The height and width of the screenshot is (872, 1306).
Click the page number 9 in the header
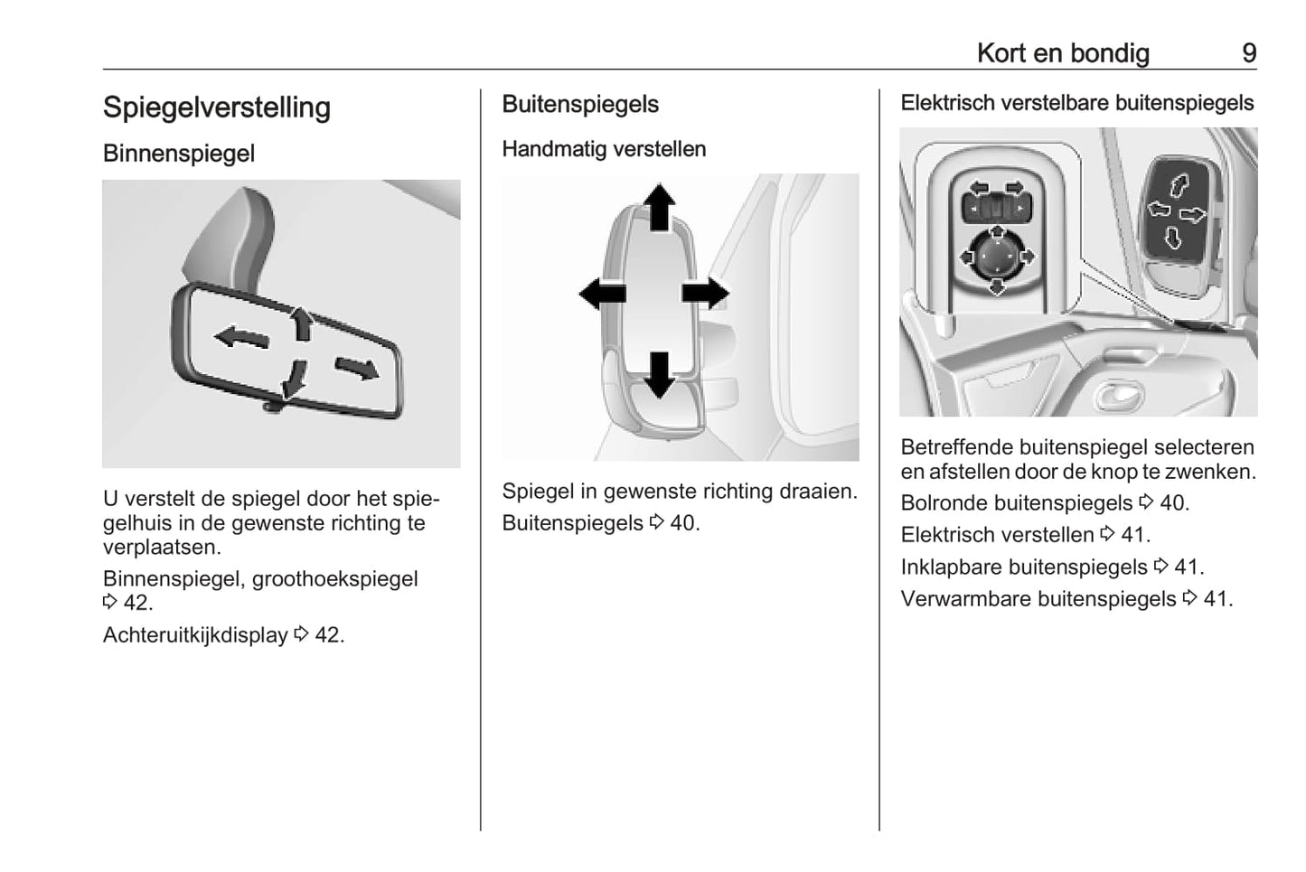tap(1248, 53)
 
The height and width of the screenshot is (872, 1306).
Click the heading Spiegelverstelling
tap(217, 108)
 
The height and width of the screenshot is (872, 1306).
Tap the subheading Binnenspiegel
tap(179, 154)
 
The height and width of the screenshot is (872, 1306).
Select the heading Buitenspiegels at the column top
tap(580, 105)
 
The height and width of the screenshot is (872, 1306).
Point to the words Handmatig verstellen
tap(604, 149)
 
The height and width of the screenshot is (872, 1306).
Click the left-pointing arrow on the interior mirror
tap(241, 338)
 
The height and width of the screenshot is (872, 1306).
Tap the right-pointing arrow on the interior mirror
tap(357, 367)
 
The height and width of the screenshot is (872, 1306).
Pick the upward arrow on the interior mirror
tap(302, 323)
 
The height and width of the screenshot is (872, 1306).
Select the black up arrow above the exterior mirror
tap(660, 207)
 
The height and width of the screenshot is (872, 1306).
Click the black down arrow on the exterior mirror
tap(660, 374)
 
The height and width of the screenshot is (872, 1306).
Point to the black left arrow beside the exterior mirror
tap(602, 294)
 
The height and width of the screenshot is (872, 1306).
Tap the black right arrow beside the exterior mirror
tap(705, 294)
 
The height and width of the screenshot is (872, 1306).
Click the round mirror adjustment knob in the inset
tap(997, 258)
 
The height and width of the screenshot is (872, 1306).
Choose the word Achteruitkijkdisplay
tap(195, 635)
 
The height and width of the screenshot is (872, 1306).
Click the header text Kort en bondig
tap(1063, 53)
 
